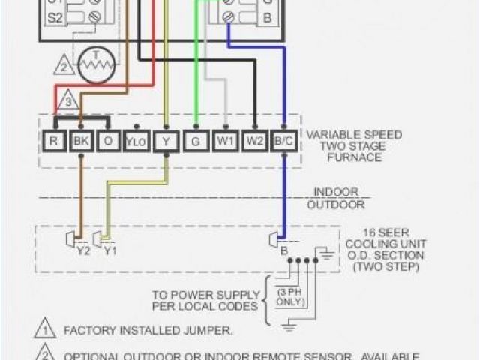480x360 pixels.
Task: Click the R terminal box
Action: coord(52,140)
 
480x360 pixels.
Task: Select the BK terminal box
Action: coord(79,140)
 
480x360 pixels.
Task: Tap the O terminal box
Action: coord(107,140)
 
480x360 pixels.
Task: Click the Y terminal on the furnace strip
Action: coord(166,140)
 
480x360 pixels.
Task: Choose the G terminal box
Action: coord(196,140)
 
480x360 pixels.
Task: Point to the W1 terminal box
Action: coord(225,140)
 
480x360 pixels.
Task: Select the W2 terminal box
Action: coord(255,140)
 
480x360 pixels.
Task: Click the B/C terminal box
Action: coord(283,140)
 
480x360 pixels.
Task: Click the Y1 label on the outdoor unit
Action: coord(110,251)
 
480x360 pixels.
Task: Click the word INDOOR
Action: coord(335,192)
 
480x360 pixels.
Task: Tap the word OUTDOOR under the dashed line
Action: coord(335,204)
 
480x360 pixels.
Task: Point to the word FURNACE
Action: coord(353,158)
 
